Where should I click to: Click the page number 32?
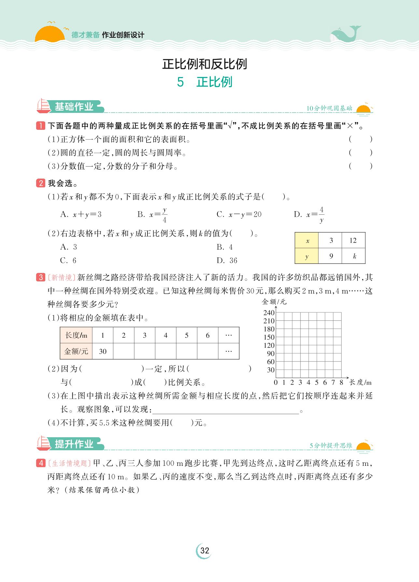coord(204,550)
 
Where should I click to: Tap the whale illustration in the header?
coord(345,34)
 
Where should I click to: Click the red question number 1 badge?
coord(41,126)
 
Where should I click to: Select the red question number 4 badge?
coord(41,463)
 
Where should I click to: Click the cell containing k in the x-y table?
coord(354,256)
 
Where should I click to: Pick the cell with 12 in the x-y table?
coord(353,240)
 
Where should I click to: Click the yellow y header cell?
coord(307,256)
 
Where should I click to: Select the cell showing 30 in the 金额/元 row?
coord(103,351)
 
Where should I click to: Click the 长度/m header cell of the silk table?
coord(76,335)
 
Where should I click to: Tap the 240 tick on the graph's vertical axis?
coord(269,313)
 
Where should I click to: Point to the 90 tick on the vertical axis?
coord(271,354)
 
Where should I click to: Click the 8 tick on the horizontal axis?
coord(341,382)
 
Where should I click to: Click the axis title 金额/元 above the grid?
coord(274,302)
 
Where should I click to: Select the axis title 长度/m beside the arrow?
coord(360,382)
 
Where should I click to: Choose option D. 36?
coord(227,261)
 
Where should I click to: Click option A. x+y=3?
coord(81,214)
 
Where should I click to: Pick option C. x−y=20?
coord(239,214)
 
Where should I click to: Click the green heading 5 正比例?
coord(204,82)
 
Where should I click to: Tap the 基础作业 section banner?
coord(74,107)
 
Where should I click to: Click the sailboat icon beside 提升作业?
coord(44,443)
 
